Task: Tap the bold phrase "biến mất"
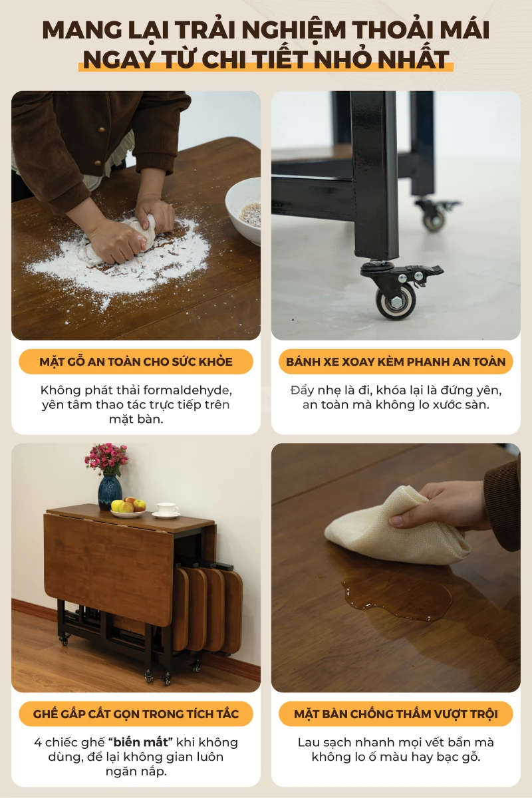point(140,742)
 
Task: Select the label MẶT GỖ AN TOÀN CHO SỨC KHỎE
point(136,362)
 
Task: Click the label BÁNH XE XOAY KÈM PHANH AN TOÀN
point(396,362)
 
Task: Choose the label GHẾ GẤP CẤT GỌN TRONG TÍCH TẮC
point(136,714)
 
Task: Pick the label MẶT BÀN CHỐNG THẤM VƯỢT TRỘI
point(396,714)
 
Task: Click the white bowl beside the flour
point(244,211)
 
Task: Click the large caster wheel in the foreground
point(396,301)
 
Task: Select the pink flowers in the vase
point(106,458)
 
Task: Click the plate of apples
point(128,507)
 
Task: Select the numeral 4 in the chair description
point(38,743)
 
